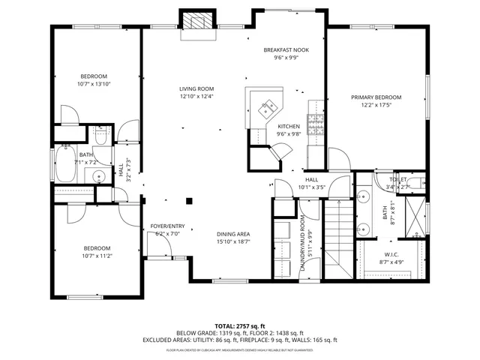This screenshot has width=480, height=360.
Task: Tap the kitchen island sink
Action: [x=266, y=110]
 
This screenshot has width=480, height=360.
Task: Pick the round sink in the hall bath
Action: [x=99, y=177]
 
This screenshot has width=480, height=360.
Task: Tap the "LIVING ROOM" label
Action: [x=196, y=88]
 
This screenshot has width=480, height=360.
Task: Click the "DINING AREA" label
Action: [x=233, y=234]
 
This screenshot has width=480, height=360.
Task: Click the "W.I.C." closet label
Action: [x=391, y=254]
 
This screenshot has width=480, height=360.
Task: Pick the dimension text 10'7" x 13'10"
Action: [x=94, y=84]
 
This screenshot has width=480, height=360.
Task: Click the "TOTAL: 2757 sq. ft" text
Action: [x=240, y=326]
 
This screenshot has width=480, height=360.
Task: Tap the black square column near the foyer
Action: [x=190, y=200]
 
